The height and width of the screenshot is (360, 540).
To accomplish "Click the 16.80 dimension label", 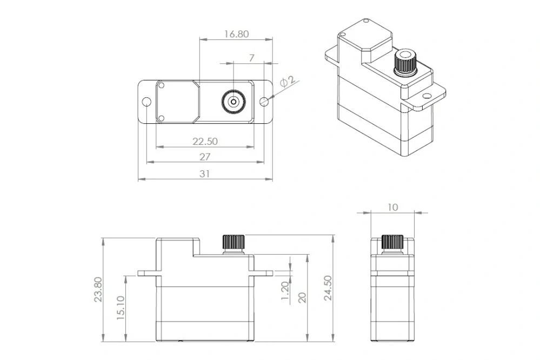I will (x=236, y=34).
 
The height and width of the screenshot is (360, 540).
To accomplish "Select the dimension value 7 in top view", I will (x=251, y=57).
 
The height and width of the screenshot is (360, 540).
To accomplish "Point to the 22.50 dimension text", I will (x=205, y=141).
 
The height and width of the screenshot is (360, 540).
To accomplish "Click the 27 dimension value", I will (x=205, y=157).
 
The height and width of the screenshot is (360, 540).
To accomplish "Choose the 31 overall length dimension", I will (x=205, y=174).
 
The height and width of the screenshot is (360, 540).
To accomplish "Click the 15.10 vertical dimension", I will (x=122, y=308).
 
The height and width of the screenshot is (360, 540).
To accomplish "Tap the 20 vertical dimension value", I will (x=302, y=297).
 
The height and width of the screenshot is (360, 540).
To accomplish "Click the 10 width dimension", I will (x=392, y=207).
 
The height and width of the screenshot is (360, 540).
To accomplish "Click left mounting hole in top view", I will (x=146, y=102).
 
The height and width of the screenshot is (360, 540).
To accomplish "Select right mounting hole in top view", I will (x=264, y=102).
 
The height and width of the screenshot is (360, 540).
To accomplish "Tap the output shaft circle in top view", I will (x=233, y=101).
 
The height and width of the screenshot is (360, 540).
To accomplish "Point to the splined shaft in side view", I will (x=392, y=242).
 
